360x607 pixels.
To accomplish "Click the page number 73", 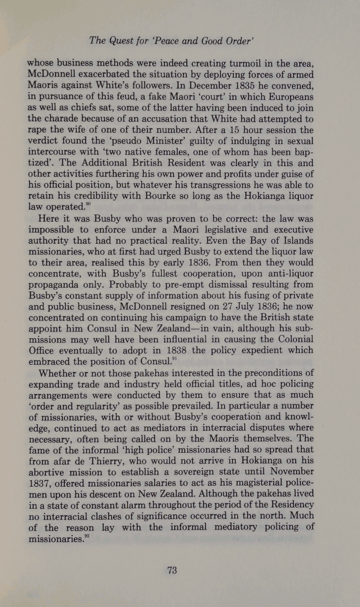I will tap(172, 569).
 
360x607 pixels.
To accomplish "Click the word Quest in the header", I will tap(122, 41).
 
